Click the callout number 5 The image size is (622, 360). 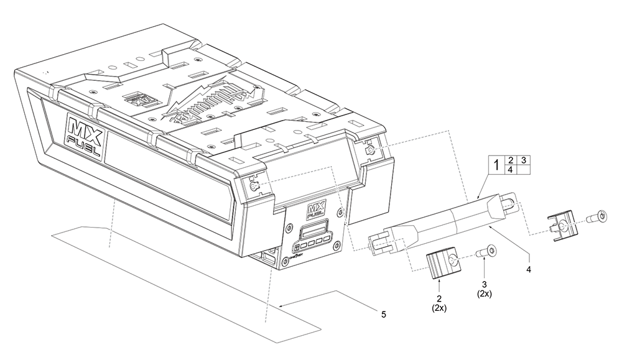[x=384, y=315]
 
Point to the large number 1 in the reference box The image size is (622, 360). [x=496, y=165]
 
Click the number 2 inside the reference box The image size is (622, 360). [x=511, y=160]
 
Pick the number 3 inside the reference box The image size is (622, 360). [x=524, y=160]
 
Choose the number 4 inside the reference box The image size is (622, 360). [x=511, y=170]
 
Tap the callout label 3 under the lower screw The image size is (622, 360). [x=485, y=285]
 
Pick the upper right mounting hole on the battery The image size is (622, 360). [x=371, y=150]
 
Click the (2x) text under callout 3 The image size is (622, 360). [x=485, y=294]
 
